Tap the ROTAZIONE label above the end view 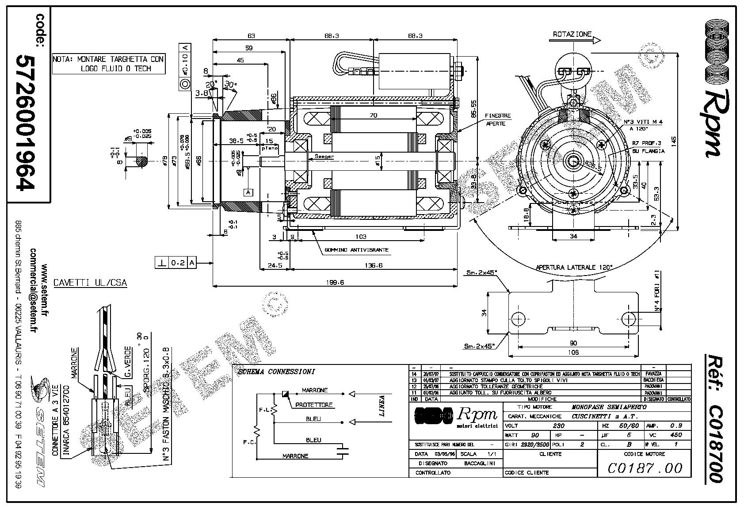(x=572, y=34)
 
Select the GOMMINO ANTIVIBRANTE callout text (x=356, y=250)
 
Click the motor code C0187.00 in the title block (x=645, y=468)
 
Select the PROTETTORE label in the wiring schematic (x=314, y=405)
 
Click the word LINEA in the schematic (x=382, y=406)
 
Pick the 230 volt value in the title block (x=559, y=426)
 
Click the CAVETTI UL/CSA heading (x=90, y=283)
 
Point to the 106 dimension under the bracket (x=573, y=353)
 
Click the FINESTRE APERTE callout (x=498, y=119)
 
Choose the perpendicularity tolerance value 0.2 (x=178, y=263)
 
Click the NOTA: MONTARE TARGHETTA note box (x=108, y=64)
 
